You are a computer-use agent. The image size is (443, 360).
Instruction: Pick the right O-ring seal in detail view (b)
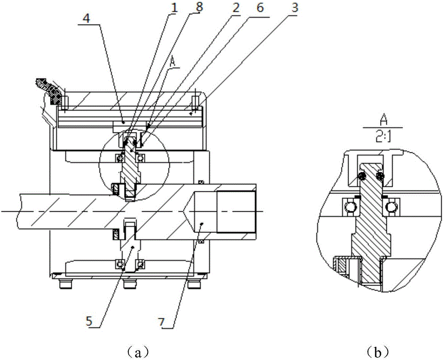[x=380, y=176]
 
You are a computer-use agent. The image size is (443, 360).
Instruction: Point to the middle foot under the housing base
[x=129, y=282]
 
